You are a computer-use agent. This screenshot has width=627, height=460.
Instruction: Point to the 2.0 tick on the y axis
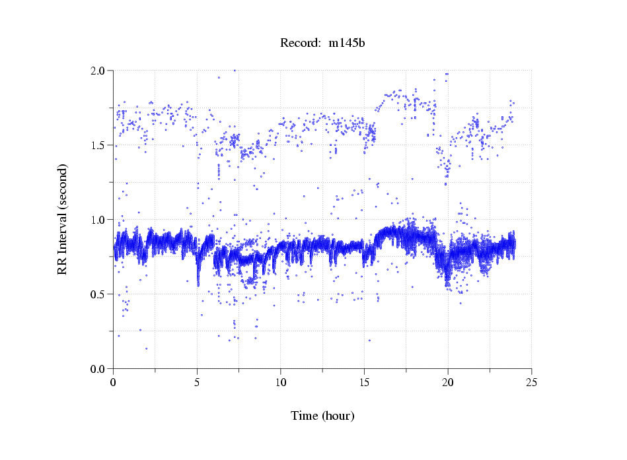click(x=101, y=71)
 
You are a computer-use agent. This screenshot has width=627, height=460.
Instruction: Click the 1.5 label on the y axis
click(x=101, y=145)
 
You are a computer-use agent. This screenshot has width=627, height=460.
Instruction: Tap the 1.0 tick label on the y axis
click(x=101, y=220)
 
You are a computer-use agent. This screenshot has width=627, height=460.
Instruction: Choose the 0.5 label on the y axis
click(x=101, y=294)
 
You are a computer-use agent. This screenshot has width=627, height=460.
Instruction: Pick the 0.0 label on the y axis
click(x=101, y=369)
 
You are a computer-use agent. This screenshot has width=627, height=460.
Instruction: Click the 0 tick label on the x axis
click(x=114, y=382)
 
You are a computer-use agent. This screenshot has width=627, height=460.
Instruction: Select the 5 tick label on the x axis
click(x=197, y=382)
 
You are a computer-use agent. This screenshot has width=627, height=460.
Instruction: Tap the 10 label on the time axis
click(x=281, y=382)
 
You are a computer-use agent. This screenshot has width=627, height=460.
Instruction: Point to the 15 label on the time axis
click(x=364, y=382)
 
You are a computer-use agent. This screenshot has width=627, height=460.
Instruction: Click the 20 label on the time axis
click(x=448, y=382)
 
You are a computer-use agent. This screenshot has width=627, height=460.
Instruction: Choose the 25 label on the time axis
click(x=531, y=382)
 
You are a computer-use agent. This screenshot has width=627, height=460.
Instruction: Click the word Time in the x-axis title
click(x=305, y=416)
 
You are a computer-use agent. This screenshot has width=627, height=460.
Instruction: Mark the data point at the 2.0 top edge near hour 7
click(x=235, y=70)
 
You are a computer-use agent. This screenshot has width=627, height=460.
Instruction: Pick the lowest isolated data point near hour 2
click(x=146, y=348)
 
